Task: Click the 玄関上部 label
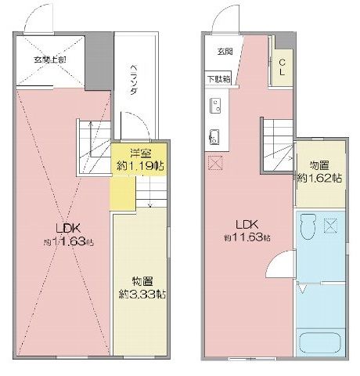pos(49,60)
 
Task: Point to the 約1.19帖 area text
pos(128,167)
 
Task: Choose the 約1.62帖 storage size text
pos(319,178)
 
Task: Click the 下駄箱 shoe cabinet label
pos(218,78)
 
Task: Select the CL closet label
pos(281,68)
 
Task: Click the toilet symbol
pos(309,225)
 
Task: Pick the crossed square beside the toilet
pos(330,227)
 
